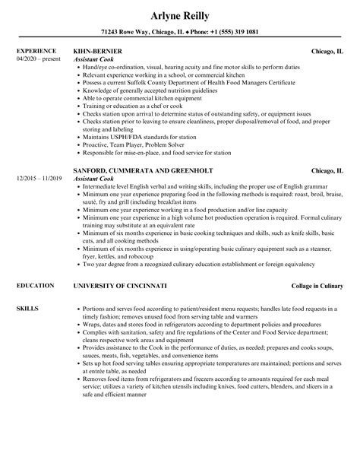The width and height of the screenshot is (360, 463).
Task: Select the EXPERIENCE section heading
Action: pos(35,51)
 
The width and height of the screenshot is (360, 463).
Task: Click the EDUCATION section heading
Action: pos(33,286)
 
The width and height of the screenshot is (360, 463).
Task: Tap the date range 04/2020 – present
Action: pos(39,59)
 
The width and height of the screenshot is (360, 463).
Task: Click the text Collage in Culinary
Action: pos(317,286)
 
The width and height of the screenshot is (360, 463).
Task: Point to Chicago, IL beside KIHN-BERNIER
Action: pos(327,51)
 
